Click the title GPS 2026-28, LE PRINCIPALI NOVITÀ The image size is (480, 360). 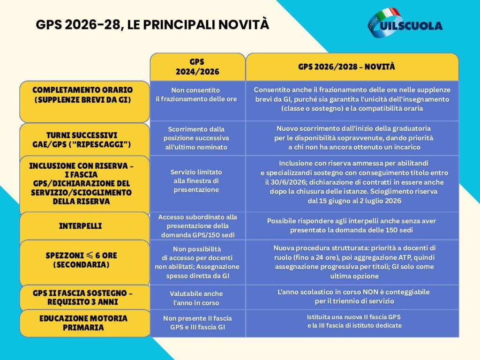tap(152, 24)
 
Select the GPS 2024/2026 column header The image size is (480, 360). tap(197, 67)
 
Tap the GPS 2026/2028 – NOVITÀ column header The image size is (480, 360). tap(352, 67)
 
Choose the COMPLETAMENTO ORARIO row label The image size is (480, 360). tap(83, 95)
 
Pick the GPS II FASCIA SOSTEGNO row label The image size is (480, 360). tap(83, 297)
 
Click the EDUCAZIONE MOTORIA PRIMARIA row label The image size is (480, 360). tap(83, 322)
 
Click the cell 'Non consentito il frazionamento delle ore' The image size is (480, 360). tap(196, 95)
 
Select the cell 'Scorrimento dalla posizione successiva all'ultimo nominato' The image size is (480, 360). tap(196, 138)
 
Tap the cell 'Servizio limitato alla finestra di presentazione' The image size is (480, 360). tap(196, 181)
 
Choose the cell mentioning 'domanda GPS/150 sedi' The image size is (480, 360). tap(197, 226)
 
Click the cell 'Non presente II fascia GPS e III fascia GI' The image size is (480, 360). tap(197, 322)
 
